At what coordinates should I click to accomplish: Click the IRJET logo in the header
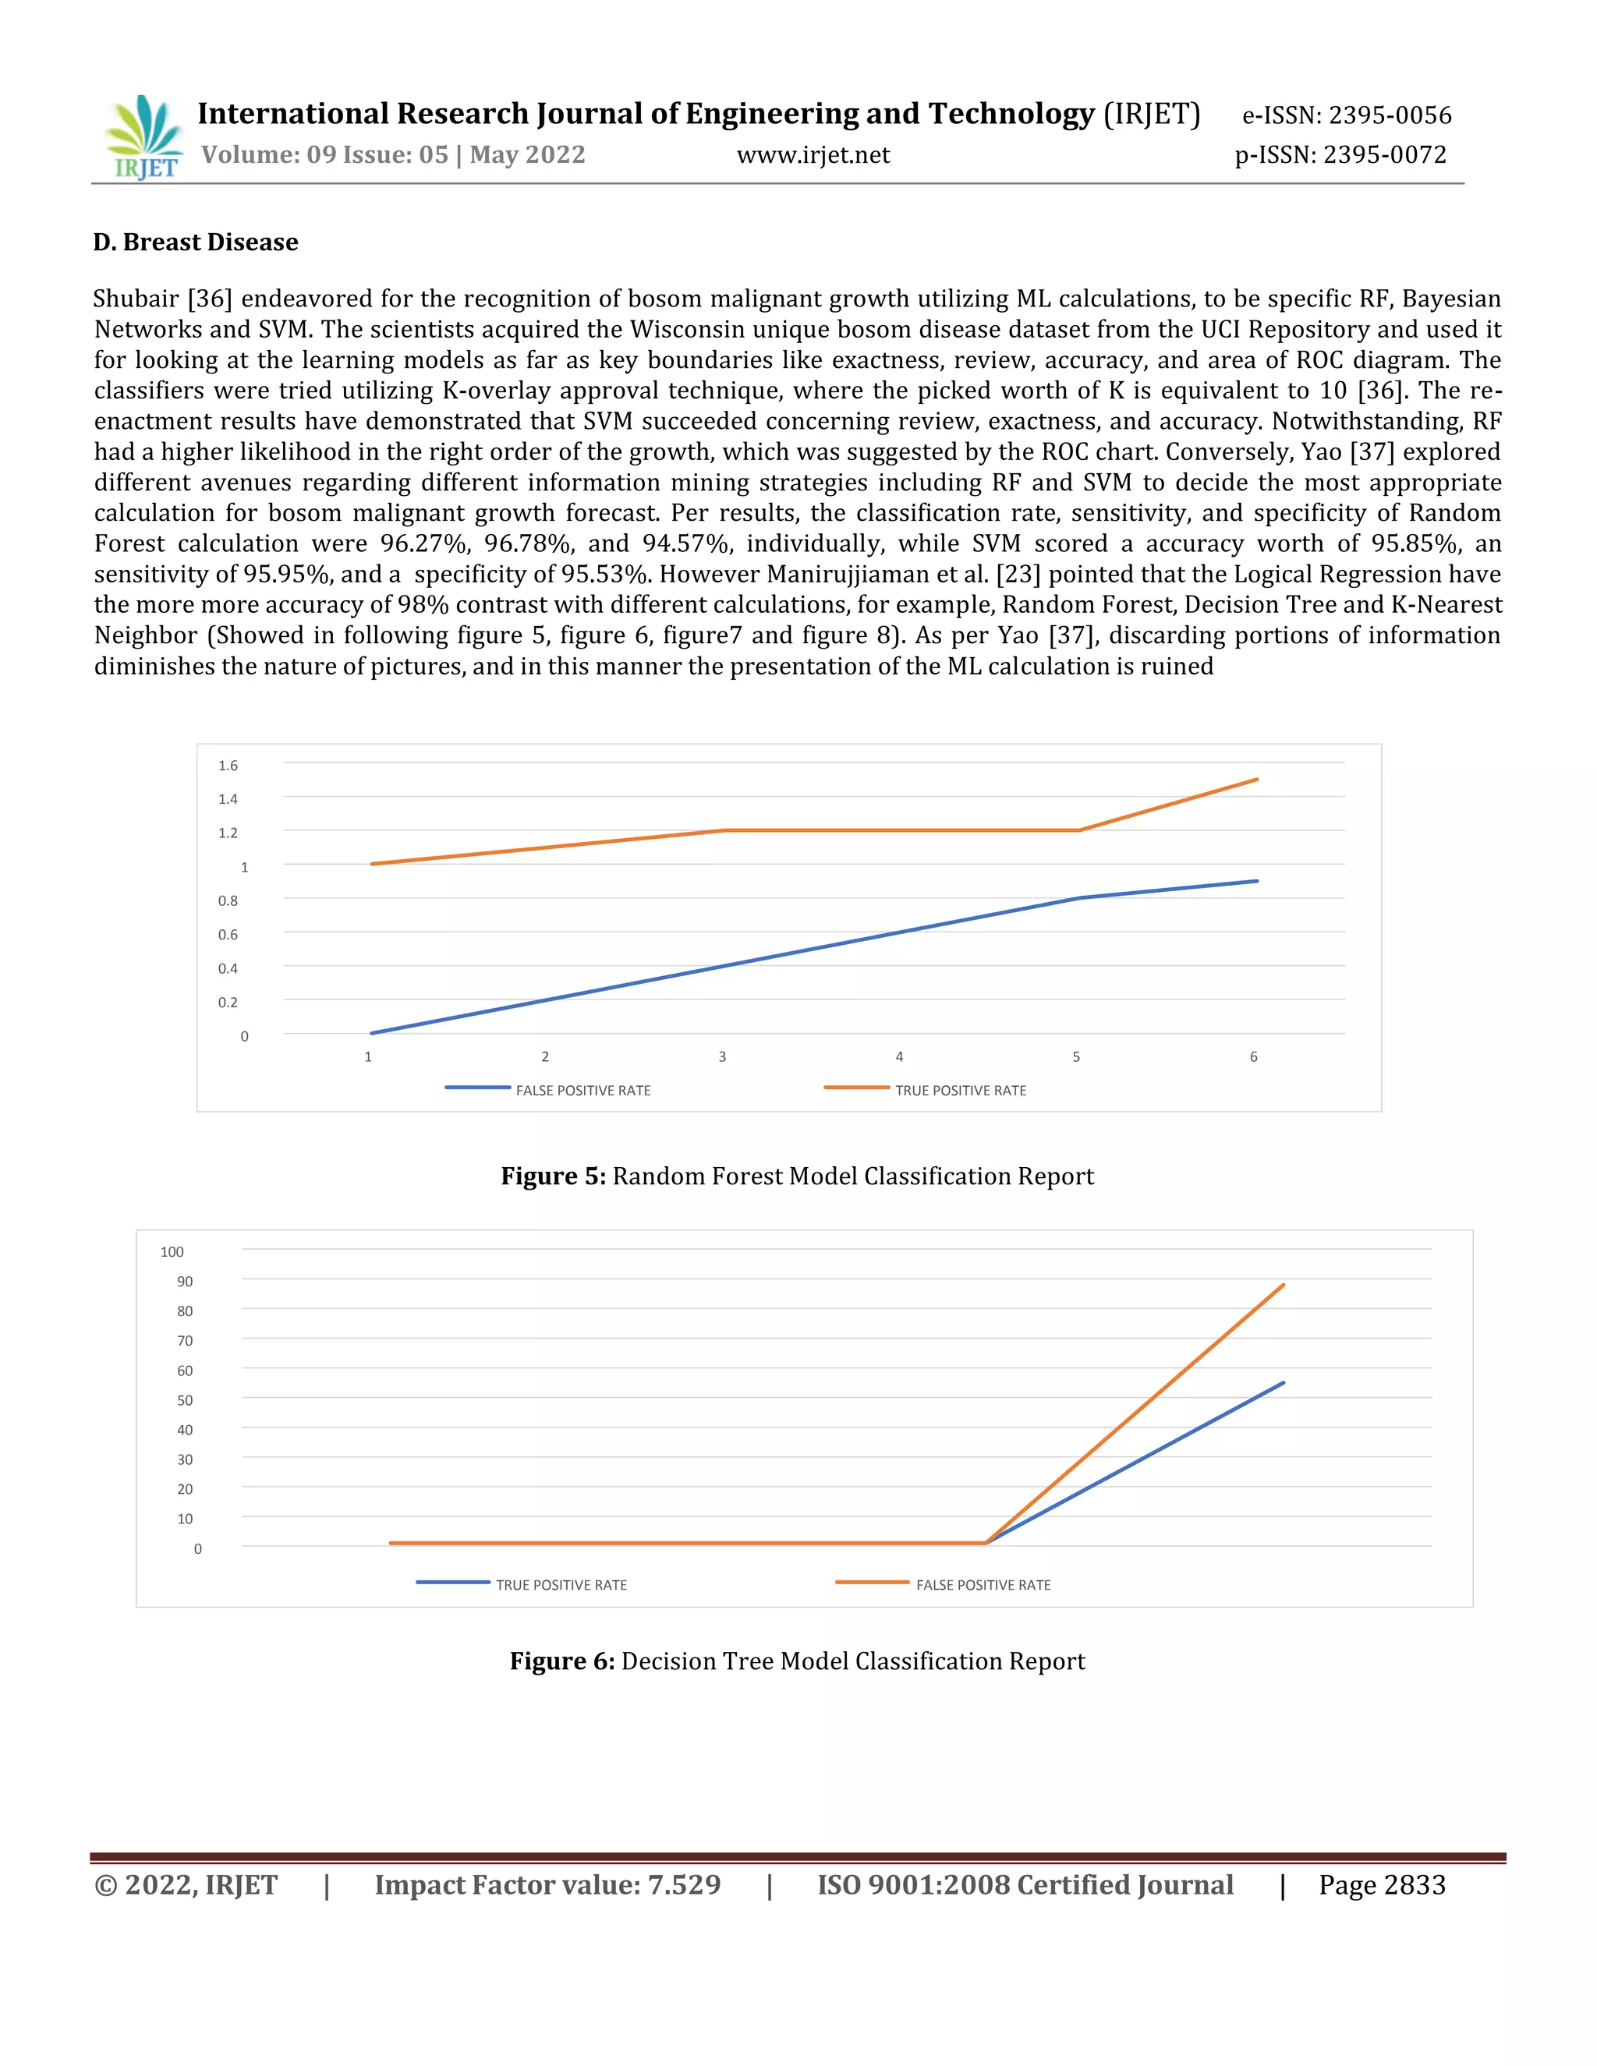143,138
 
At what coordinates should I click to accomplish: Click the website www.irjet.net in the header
813,155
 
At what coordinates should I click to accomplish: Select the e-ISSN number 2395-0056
1389,115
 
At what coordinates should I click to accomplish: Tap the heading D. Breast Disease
196,242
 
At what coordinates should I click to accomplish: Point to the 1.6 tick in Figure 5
228,766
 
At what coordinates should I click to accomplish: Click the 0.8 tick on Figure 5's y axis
228,900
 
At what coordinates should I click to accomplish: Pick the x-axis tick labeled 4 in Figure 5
899,1056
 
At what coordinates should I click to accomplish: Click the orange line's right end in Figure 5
1256,780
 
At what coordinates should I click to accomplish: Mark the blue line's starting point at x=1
372,1033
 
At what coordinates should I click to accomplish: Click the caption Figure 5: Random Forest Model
798,1176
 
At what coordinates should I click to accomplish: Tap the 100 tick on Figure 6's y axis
172,1251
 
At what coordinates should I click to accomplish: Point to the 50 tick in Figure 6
185,1400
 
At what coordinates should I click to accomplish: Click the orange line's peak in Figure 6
1283,1285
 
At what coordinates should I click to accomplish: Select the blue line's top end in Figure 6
1283,1383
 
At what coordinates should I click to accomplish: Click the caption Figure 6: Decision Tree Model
798,1661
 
